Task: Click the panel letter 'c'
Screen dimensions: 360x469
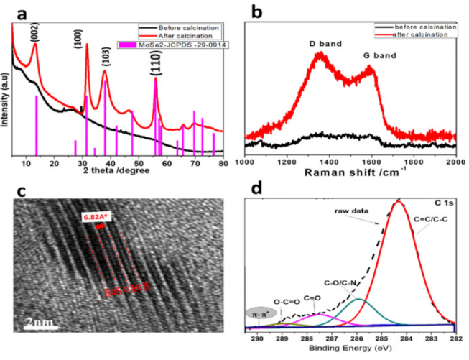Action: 22,190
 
